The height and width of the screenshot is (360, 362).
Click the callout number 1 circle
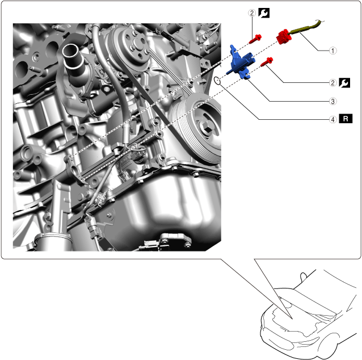332,51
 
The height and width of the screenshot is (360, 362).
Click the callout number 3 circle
332,101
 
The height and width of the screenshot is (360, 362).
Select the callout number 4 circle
332,119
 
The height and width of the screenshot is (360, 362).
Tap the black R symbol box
346,119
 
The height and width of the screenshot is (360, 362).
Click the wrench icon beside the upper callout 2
264,13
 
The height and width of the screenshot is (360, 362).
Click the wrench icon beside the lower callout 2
344,83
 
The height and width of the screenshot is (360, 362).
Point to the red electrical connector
283,37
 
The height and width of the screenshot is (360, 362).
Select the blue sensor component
242,63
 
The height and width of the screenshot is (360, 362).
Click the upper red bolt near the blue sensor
255,39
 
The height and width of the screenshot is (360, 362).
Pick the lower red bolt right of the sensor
267,62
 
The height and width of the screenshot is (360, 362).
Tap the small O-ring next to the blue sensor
217,81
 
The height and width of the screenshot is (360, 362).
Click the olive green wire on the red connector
304,27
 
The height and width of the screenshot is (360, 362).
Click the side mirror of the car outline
303,277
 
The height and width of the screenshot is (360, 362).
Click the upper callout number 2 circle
252,13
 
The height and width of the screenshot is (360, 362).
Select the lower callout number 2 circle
332,83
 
